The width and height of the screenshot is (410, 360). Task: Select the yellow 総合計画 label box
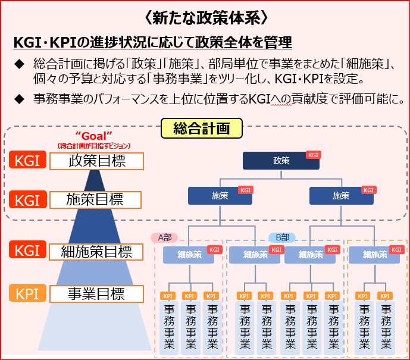(202, 128)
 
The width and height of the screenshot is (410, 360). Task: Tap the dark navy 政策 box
(281, 161)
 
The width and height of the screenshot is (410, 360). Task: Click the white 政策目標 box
(96, 161)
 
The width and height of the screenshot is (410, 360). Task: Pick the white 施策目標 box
(96, 199)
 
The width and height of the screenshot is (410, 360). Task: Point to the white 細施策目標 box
(96, 251)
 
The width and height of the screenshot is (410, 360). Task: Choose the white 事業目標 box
(96, 294)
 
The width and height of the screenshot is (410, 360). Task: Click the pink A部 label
(164, 237)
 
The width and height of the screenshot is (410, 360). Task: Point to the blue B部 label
(282, 237)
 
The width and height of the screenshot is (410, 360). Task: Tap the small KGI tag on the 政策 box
(312, 155)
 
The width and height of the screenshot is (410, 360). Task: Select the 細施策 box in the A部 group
(190, 255)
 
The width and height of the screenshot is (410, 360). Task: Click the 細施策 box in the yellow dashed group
(374, 255)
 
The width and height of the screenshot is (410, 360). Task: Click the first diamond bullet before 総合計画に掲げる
(20, 63)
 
